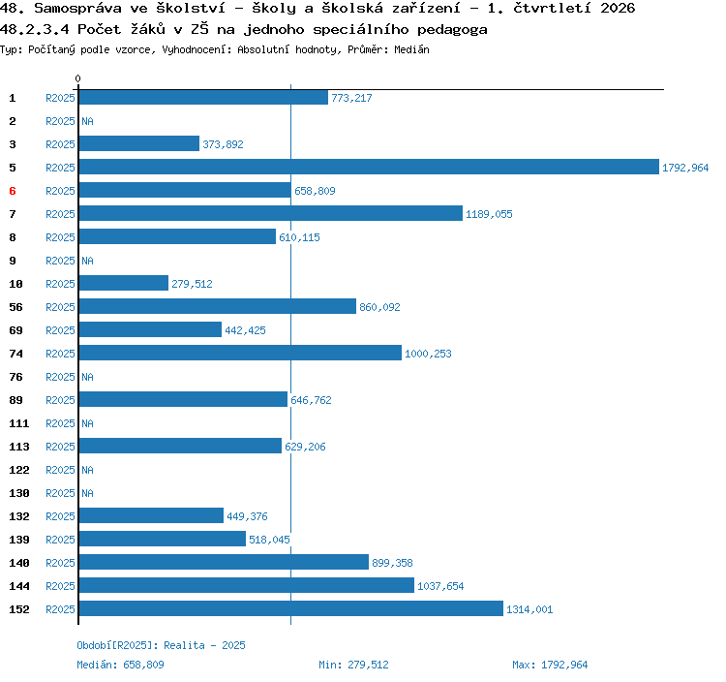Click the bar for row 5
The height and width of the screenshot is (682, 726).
point(369,167)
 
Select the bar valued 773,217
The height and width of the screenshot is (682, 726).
point(203,97)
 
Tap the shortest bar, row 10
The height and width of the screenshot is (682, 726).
point(124,283)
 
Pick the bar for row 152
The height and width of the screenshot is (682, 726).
point(291,608)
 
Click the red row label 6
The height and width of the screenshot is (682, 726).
point(13,191)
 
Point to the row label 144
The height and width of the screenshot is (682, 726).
point(19,586)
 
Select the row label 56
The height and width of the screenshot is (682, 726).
point(15,307)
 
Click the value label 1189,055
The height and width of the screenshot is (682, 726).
point(489,214)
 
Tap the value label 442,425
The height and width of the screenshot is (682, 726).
point(246,330)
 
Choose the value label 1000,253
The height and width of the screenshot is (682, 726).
point(428,354)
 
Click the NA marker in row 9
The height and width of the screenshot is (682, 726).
point(87,261)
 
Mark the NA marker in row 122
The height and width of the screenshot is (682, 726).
point(87,470)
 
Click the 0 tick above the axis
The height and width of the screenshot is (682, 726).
point(77,78)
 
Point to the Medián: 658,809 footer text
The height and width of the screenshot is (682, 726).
point(120,665)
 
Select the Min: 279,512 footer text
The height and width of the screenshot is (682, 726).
point(353,665)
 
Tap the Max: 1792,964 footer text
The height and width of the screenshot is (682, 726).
point(550,665)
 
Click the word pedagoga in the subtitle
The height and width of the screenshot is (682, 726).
point(452,30)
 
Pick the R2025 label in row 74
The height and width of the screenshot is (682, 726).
point(60,354)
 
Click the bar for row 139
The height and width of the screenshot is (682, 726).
point(163,539)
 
